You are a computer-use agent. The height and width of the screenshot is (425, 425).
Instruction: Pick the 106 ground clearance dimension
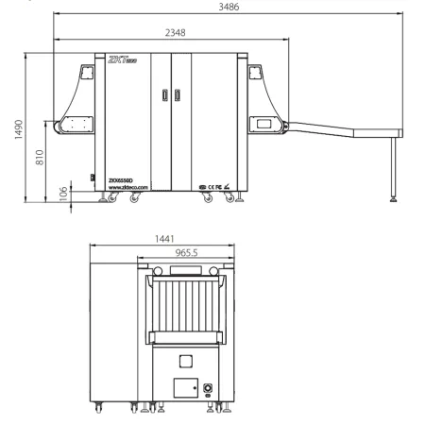64,192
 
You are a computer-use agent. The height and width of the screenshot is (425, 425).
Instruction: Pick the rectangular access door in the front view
185,388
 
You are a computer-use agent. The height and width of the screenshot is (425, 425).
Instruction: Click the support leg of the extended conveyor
398,169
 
